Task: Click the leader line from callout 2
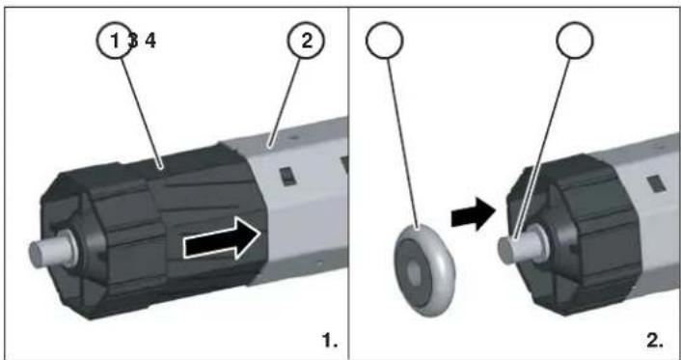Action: [286, 97]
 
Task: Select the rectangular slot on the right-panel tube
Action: [656, 180]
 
